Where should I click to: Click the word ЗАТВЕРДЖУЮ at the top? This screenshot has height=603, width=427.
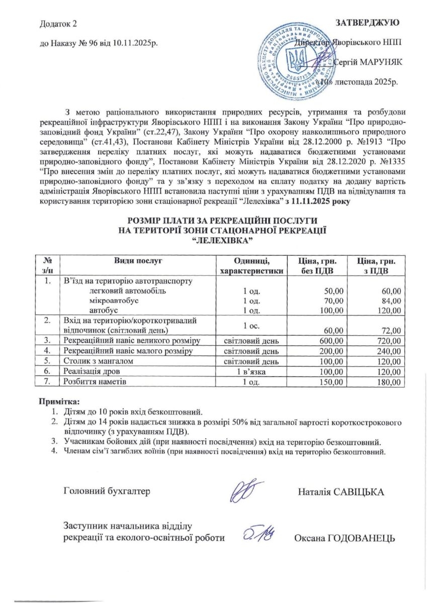tap(367, 23)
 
